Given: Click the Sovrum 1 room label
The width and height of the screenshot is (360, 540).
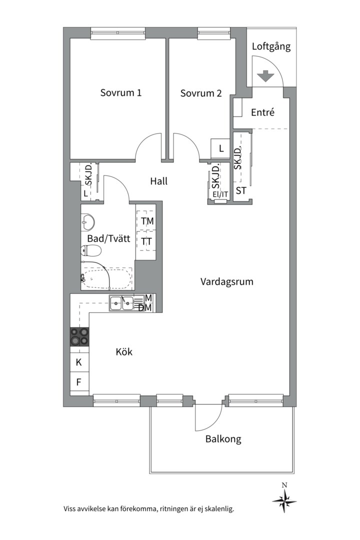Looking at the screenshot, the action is coord(121,92).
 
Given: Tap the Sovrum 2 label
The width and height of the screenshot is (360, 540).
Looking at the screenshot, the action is coord(201,93).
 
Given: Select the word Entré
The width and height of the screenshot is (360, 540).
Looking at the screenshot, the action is coord(263,112).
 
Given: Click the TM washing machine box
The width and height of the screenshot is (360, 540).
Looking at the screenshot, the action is coord(147,220).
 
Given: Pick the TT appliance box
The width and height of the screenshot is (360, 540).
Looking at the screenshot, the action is coord(147,241).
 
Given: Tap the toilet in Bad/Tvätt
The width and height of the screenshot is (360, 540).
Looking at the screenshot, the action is coord(91,251).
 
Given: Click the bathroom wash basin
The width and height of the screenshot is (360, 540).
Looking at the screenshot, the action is coord(87,222).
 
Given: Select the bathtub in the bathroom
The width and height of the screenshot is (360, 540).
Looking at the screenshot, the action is coord(107,278).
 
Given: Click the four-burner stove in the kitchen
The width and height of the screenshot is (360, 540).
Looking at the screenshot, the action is coord(79,337).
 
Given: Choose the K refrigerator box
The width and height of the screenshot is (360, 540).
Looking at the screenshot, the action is coord(79,362).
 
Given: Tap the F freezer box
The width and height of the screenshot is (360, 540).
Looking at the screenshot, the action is coord(79,381).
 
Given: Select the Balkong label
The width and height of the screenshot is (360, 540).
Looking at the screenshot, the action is coord(223,439).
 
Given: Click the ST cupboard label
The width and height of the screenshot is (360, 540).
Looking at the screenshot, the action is coord(241,190).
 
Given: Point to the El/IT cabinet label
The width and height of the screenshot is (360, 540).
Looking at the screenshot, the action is coord(220,194).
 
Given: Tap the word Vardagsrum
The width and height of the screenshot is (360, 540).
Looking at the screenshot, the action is coord(227,281).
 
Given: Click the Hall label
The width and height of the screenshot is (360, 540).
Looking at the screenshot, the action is coord(159,181).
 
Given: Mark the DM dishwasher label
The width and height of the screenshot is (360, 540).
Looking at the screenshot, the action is coord(145,307).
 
